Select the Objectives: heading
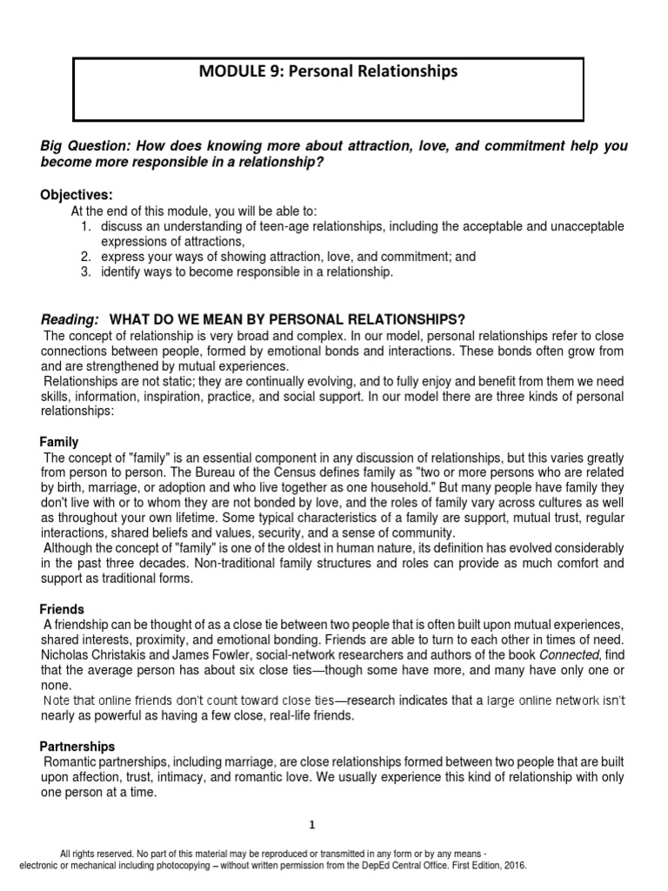[x=77, y=194]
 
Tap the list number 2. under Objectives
[x=87, y=257]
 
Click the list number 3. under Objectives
[x=87, y=272]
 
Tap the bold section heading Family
[x=60, y=442]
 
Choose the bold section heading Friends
[x=62, y=609]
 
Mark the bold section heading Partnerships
[x=77, y=747]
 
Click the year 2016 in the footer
[x=512, y=867]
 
